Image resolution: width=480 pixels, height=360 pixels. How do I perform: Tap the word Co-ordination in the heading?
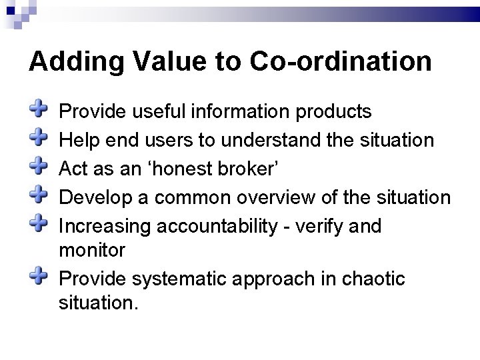click(341, 62)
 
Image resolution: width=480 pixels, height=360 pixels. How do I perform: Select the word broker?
click(249, 169)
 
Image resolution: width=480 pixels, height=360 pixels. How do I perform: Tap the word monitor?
click(92, 250)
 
